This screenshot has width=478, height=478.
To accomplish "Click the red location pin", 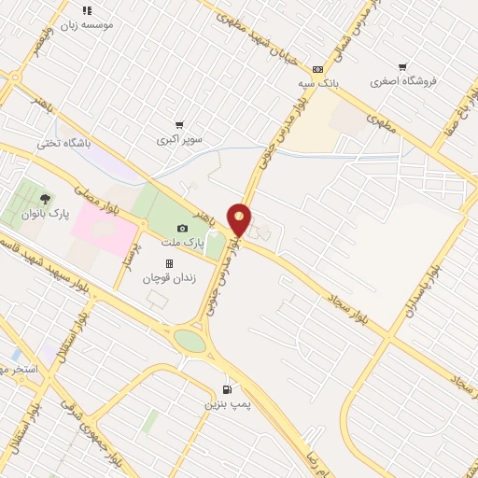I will coord(240,220).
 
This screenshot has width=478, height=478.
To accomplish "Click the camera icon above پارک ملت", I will coord(182,229).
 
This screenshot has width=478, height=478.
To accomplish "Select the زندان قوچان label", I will coord(169,278).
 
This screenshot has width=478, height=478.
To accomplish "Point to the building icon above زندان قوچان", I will coord(169,265).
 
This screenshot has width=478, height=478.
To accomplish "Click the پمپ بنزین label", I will coord(222,404).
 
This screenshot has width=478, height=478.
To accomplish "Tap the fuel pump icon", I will coord(226,389).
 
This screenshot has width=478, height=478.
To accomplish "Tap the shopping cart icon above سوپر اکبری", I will coord(178,124).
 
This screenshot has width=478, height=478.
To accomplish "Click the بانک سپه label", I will coord(316,83).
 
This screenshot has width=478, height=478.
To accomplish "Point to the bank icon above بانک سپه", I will coord(318,69).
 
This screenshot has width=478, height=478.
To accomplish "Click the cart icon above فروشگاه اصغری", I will coord(402,67).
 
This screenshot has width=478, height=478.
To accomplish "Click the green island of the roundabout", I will coord(190,341).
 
